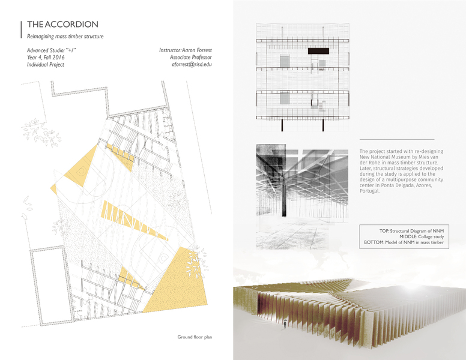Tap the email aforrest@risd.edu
click(x=193, y=64)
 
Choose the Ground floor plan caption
click(x=195, y=338)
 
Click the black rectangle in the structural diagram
click(x=319, y=52)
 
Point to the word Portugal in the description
click(x=370, y=208)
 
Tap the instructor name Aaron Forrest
click(x=195, y=49)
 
